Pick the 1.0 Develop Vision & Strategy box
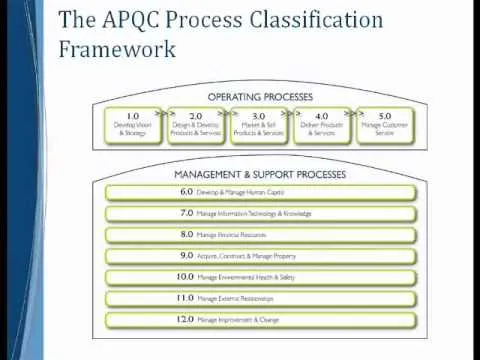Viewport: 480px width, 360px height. (x=134, y=124)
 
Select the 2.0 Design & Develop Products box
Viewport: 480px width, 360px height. (x=196, y=124)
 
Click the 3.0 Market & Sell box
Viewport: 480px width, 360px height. (x=258, y=124)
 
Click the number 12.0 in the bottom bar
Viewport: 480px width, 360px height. (x=183, y=320)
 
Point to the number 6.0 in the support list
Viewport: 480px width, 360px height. (x=186, y=191)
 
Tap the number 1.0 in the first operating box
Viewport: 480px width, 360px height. (x=133, y=115)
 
